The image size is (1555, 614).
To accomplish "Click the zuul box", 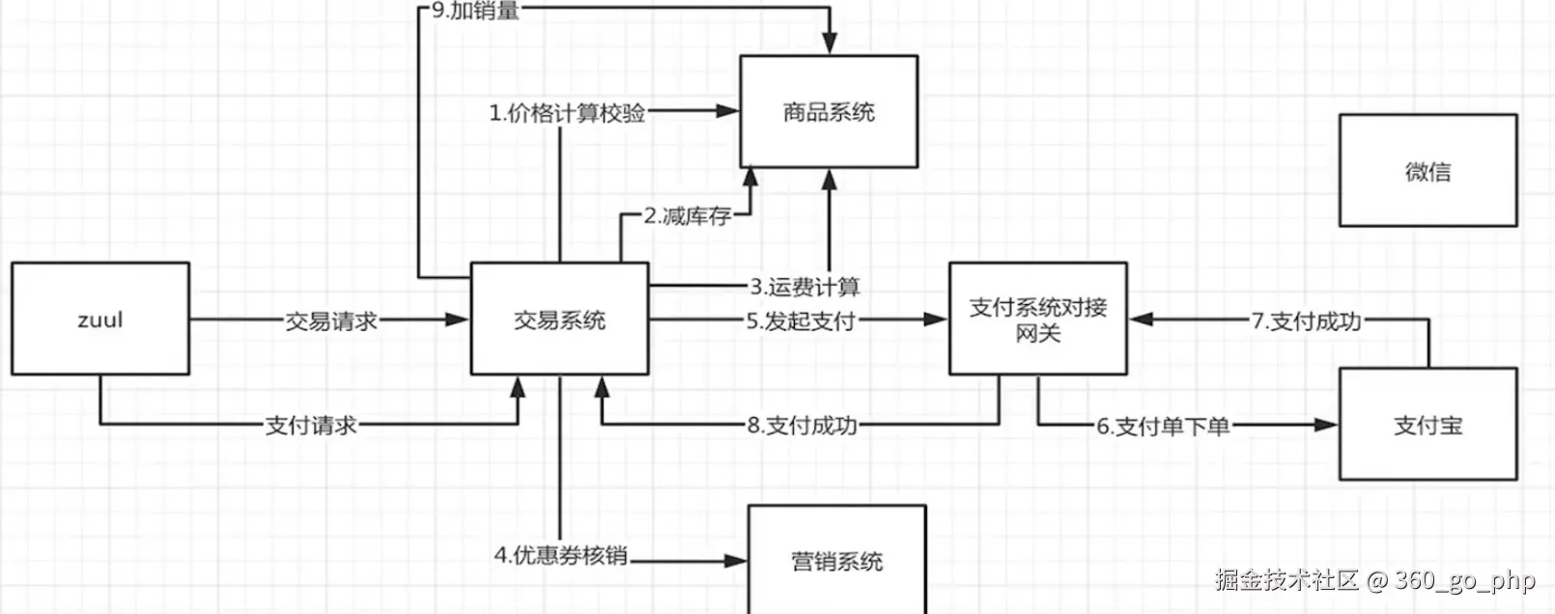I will pyautogui.click(x=100, y=319).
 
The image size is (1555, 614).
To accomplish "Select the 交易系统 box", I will pyautogui.click(x=559, y=319).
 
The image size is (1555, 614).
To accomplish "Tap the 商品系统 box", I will pyautogui.click(x=829, y=112).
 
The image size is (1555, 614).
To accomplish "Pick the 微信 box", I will pyautogui.click(x=1428, y=171).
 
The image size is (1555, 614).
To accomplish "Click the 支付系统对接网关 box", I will pyautogui.click(x=1038, y=319).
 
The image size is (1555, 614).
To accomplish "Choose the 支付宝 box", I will pyautogui.click(x=1428, y=425).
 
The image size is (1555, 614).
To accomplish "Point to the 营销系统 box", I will pyautogui.click(x=836, y=561).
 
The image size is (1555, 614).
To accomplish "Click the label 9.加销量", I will pyautogui.click(x=475, y=11).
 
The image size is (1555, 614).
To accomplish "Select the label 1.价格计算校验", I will pyautogui.click(x=567, y=113).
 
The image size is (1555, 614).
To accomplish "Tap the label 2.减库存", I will pyautogui.click(x=688, y=216).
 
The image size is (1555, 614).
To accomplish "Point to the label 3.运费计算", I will pyautogui.click(x=805, y=287).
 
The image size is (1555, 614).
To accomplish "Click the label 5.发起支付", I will pyautogui.click(x=801, y=321).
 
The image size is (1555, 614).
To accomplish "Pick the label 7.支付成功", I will pyautogui.click(x=1306, y=321).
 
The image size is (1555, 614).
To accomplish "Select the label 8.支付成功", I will pyautogui.click(x=802, y=425).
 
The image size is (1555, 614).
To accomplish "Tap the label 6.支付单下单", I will pyautogui.click(x=1163, y=426).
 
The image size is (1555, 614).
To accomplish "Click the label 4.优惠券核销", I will pyautogui.click(x=560, y=555).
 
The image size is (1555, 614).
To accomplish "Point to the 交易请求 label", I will pyautogui.click(x=330, y=321).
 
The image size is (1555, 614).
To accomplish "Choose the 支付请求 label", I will pyautogui.click(x=311, y=425).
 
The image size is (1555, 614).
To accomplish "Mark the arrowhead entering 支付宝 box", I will pyautogui.click(x=1327, y=425).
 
